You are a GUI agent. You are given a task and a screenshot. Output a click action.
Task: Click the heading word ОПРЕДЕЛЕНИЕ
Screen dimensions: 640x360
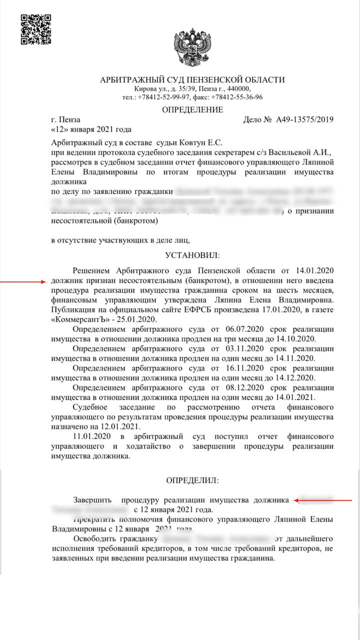pos(192,110)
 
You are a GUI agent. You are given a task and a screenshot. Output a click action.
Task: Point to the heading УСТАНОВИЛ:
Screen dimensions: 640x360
pos(192,255)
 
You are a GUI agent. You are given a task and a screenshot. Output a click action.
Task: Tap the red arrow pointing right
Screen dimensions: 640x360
pos(23,282)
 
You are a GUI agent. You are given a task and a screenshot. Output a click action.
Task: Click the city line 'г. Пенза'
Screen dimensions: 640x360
pos(65,120)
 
